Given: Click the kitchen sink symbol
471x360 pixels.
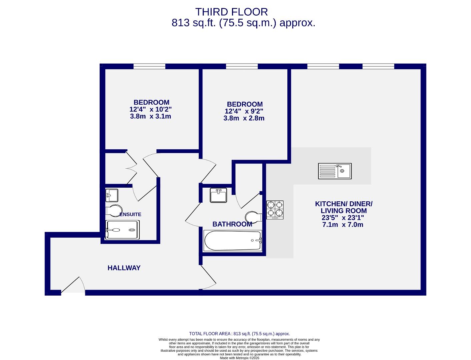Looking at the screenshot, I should click(x=335, y=171).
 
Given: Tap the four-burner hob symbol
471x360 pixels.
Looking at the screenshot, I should click(x=275, y=210).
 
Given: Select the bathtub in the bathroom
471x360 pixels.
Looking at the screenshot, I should click(x=233, y=241).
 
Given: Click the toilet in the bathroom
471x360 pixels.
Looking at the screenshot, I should click(x=253, y=217).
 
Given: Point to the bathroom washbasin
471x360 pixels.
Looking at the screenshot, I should click(x=218, y=195).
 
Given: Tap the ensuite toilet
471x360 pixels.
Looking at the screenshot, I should click(x=112, y=211).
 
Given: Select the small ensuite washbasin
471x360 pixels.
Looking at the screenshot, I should click(x=112, y=195).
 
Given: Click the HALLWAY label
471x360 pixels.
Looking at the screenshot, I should click(x=124, y=268).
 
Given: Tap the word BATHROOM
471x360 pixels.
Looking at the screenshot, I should click(x=232, y=224).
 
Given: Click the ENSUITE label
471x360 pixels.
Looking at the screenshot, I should click(x=130, y=214).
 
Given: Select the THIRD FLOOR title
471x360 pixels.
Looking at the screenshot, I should click(x=231, y=12).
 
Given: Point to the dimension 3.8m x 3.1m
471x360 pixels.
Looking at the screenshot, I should click(x=150, y=116).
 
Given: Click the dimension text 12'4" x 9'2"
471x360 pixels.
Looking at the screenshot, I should click(x=244, y=111).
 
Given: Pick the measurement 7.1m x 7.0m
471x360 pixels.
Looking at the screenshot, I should click(x=343, y=225).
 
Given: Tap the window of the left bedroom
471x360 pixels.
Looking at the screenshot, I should click(x=149, y=66).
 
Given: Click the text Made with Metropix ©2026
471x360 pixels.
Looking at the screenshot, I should click(x=239, y=358).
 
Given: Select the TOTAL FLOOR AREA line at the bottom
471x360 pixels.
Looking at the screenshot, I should click(x=239, y=334).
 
